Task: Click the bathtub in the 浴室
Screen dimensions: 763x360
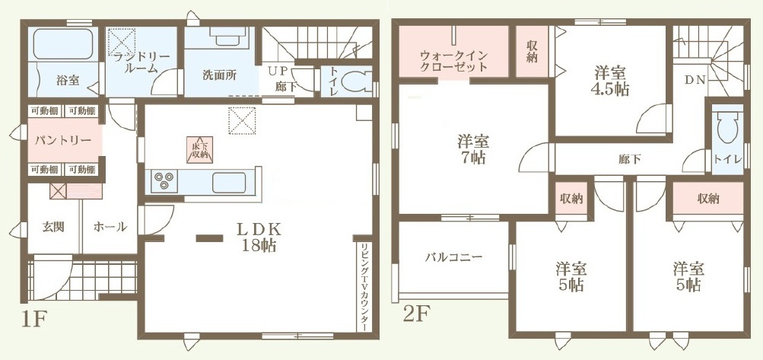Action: tap(63, 44)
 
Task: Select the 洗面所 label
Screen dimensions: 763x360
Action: tap(219, 75)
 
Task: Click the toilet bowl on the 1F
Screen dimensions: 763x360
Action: tap(353, 84)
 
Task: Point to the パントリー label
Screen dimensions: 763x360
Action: tap(63, 141)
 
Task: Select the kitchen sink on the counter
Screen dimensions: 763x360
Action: tap(229, 183)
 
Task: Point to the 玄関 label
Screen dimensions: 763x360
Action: tap(54, 227)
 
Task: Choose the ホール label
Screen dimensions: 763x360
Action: tap(110, 227)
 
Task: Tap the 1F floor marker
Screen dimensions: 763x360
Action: tap(33, 320)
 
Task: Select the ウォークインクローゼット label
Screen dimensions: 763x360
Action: tap(453, 61)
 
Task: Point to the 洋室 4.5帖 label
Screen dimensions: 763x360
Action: tap(611, 81)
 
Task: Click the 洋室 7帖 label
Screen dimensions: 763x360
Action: tap(473, 149)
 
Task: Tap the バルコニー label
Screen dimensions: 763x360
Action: tap(453, 257)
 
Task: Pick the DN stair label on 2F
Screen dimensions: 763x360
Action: tap(695, 81)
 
